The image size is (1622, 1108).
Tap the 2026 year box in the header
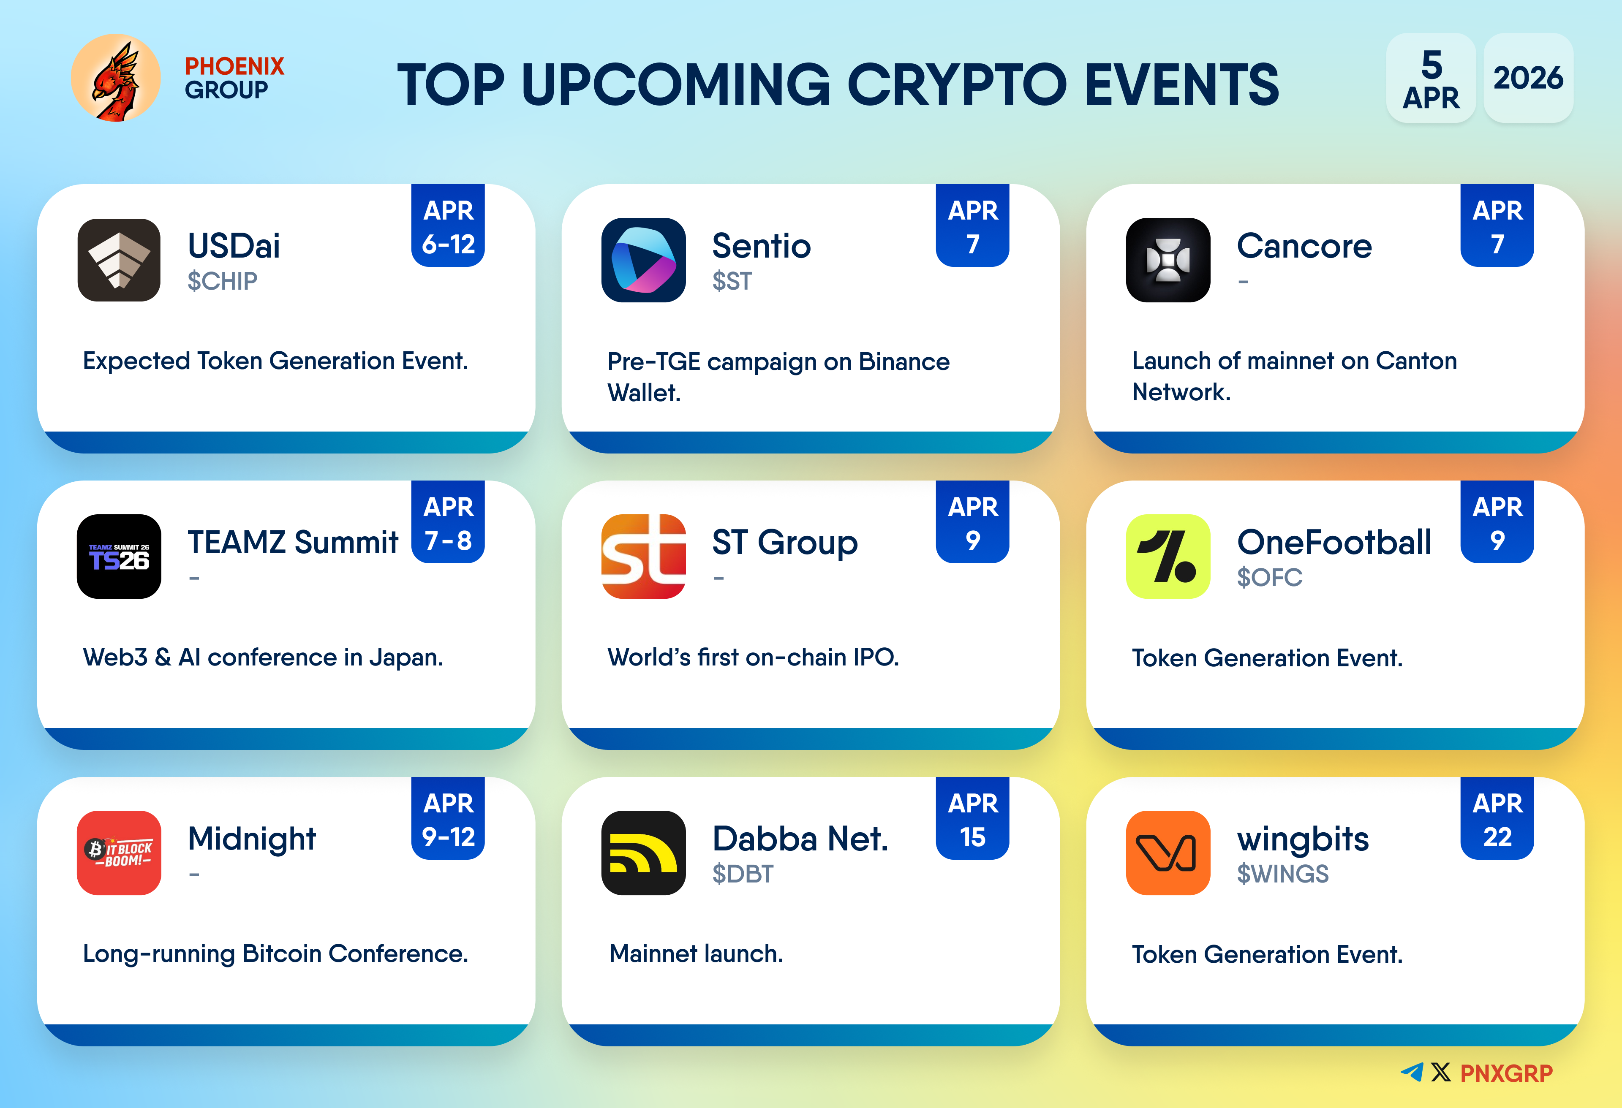pyautogui.click(x=1528, y=77)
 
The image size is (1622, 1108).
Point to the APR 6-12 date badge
pyautogui.click(x=448, y=225)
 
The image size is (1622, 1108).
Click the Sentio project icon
pyautogui.click(x=643, y=260)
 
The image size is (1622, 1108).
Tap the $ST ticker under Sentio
pyautogui.click(x=732, y=281)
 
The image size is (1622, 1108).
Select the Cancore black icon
pyautogui.click(x=1168, y=260)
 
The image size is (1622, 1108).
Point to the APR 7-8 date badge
pyautogui.click(x=448, y=522)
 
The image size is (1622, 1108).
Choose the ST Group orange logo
pyautogui.click(x=643, y=556)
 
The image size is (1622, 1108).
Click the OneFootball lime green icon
pyautogui.click(x=1168, y=556)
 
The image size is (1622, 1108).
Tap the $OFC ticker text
pyautogui.click(x=1270, y=578)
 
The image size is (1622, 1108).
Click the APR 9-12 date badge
pyautogui.click(x=448, y=818)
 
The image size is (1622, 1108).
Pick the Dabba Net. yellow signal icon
pyautogui.click(x=643, y=853)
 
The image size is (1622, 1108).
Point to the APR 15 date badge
pyautogui.click(x=972, y=818)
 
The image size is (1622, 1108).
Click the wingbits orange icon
pyautogui.click(x=1168, y=853)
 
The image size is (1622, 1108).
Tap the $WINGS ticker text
pyautogui.click(x=1283, y=874)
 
